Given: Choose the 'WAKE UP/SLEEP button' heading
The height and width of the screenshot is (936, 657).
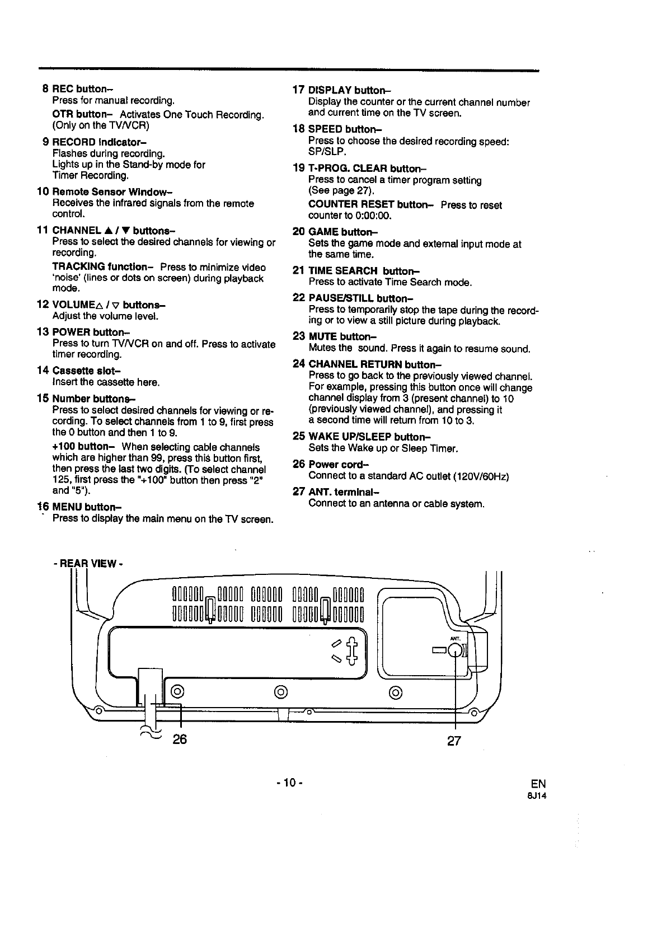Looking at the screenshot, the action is (362, 437).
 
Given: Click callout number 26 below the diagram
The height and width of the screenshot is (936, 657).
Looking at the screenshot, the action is (179, 740).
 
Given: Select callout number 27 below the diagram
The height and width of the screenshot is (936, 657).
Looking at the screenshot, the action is (454, 741).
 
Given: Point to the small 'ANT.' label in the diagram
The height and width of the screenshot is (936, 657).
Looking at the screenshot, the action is (454, 638).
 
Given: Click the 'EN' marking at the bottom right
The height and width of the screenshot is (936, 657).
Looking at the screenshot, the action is (538, 783).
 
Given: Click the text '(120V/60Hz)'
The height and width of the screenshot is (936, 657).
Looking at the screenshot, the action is (481, 476).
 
